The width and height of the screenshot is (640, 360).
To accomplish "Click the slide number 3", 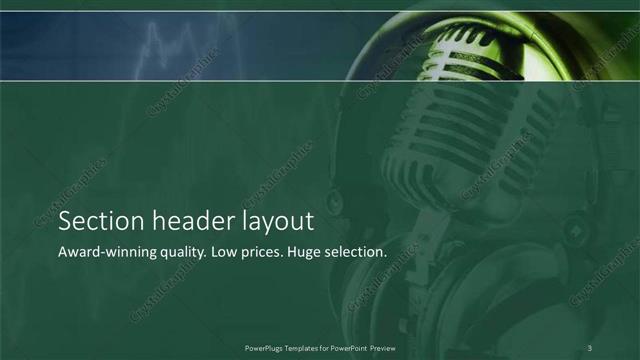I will coord(591,347).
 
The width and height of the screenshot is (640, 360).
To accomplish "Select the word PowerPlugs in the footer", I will coord(266,347).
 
